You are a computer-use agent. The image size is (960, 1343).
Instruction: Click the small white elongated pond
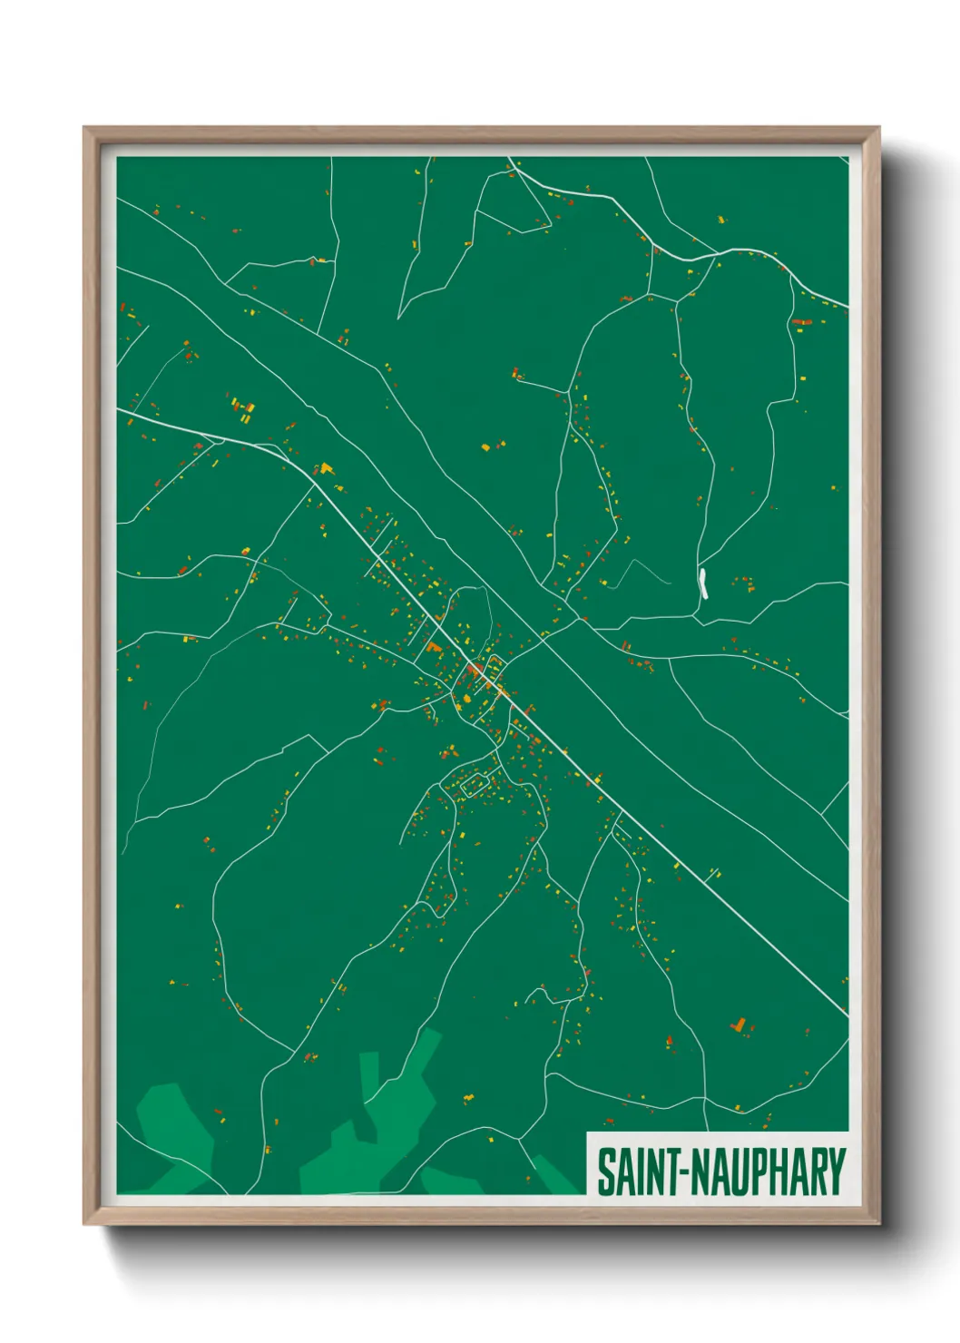click(703, 583)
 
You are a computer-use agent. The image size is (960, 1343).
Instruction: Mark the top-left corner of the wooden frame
click(84, 128)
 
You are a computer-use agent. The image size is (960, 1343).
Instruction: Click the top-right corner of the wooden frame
click(878, 128)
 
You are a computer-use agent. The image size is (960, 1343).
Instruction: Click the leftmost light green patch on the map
click(176, 1134)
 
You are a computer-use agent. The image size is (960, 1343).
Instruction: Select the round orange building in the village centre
click(474, 670)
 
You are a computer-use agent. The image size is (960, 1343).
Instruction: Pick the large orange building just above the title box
click(739, 1024)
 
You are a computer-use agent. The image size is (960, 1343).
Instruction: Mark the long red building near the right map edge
click(799, 321)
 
